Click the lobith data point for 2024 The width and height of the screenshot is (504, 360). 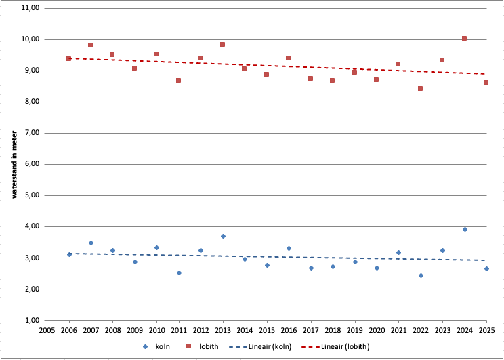click(464, 39)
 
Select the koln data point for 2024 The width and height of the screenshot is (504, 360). click(465, 229)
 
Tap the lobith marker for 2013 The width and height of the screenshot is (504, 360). click(222, 45)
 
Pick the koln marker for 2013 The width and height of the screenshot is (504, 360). click(223, 236)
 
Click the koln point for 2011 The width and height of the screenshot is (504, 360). click(179, 273)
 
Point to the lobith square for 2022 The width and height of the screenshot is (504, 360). click(420, 88)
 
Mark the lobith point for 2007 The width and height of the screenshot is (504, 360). click(90, 45)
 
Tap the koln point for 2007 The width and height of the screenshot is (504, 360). click(91, 243)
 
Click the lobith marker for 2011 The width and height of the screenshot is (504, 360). click(178, 80)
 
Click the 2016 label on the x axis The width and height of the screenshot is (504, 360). click(289, 332)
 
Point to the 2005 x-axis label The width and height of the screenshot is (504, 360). click(47, 332)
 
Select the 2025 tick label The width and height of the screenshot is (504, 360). click(486, 332)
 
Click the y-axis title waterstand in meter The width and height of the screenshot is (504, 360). click(14, 164)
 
